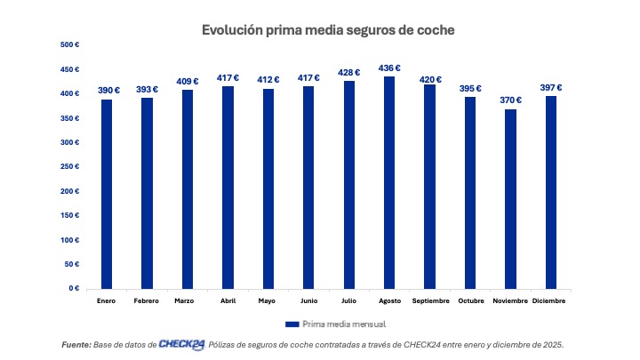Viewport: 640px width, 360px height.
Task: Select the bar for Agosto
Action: click(389, 182)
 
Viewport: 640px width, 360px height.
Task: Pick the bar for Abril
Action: click(228, 187)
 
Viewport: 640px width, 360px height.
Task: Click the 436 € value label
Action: click(389, 68)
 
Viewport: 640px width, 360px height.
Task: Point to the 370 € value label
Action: click(510, 100)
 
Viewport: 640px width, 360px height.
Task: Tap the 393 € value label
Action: click(147, 89)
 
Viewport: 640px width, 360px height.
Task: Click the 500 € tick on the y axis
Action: click(70, 44)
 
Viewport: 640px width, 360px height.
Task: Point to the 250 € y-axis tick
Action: click(70, 166)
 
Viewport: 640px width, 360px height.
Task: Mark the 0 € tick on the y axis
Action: click(75, 289)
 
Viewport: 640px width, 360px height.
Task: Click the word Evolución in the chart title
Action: click(234, 30)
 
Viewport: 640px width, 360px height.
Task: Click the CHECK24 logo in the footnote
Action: click(181, 344)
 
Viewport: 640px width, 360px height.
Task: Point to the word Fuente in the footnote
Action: click(76, 344)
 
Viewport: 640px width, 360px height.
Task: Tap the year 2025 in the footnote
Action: click(553, 344)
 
